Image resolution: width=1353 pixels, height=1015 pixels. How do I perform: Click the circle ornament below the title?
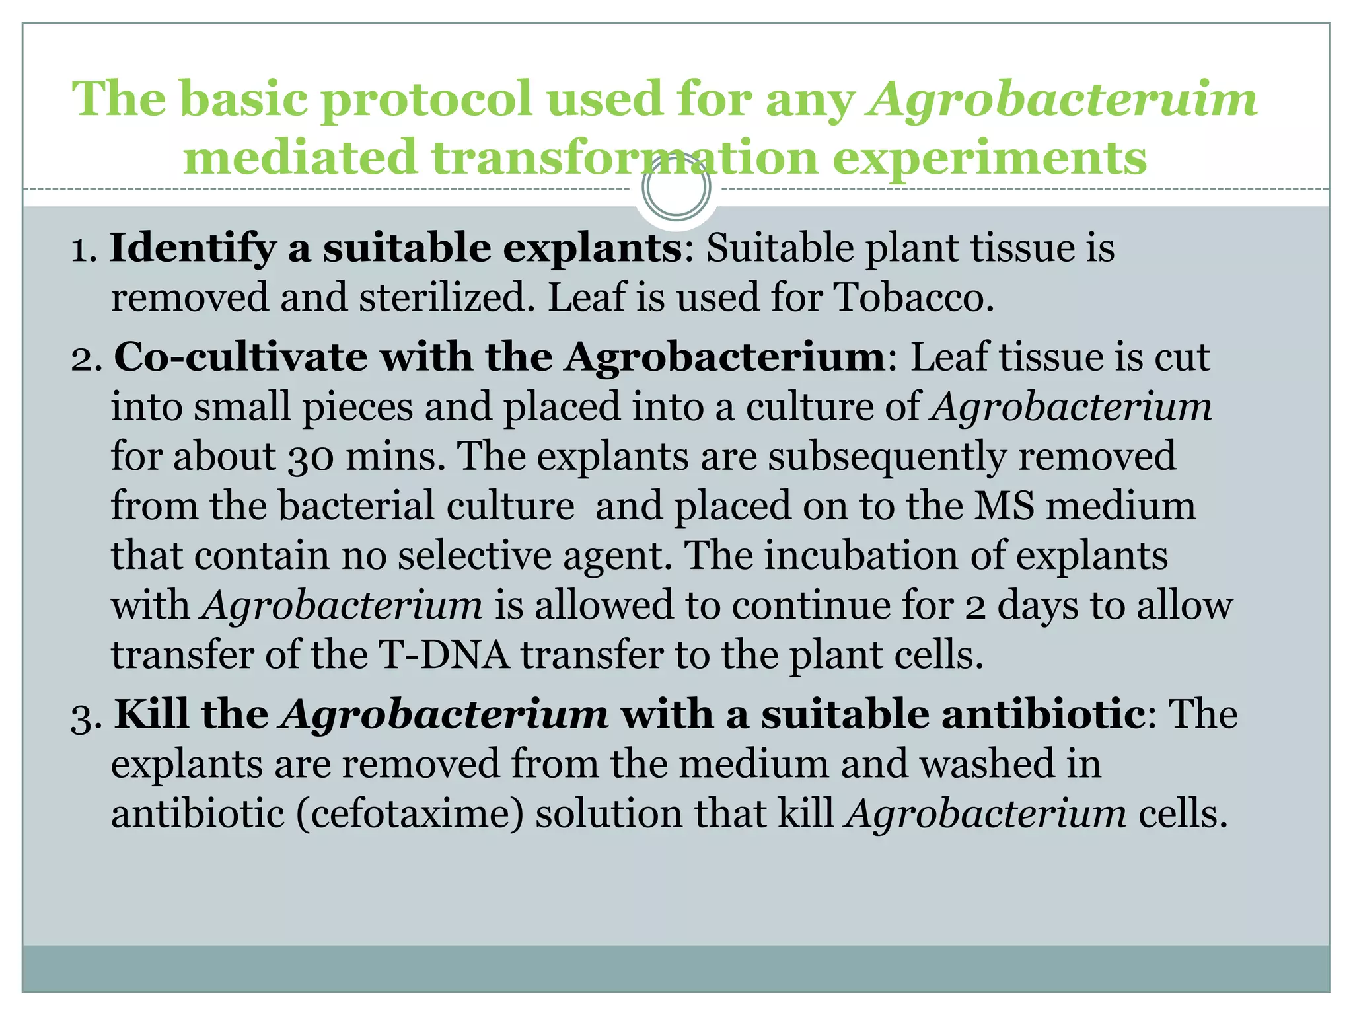(676, 188)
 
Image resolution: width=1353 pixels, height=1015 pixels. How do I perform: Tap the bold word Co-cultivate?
(240, 357)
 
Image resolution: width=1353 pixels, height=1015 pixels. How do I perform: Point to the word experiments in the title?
(989, 159)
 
